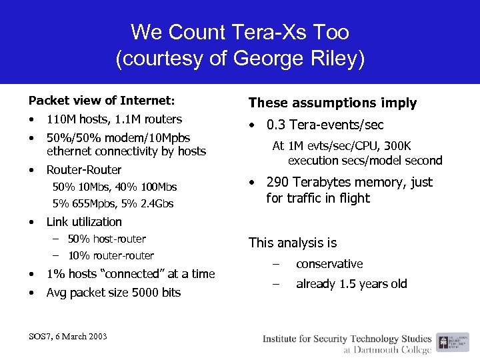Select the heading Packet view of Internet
click(x=101, y=101)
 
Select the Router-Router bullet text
click(x=83, y=170)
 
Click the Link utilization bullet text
click(x=83, y=222)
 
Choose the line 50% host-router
click(x=106, y=239)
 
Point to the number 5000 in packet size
click(x=133, y=293)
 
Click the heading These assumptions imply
click(x=332, y=103)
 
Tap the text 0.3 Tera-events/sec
click(x=325, y=125)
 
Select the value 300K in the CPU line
click(x=397, y=146)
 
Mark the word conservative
click(x=329, y=264)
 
